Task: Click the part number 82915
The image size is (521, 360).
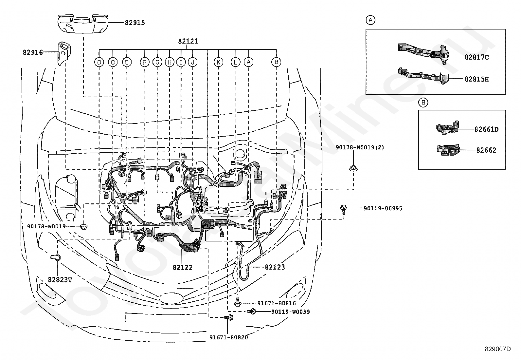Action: (135, 23)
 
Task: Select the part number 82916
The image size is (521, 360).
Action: (33, 52)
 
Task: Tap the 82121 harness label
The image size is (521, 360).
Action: (188, 41)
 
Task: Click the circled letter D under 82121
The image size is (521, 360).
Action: (99, 62)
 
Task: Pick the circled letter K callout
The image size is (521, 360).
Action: (218, 62)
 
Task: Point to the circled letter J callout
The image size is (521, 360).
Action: (192, 62)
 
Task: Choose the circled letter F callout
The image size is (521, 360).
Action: (145, 62)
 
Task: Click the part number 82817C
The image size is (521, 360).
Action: (476, 57)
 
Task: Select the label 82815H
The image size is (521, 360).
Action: (476, 79)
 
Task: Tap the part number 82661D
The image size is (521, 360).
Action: (486, 129)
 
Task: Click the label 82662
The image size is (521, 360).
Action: (486, 150)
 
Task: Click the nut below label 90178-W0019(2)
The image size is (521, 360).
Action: (353, 168)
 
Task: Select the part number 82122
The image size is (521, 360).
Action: (183, 267)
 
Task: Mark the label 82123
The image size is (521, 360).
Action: (275, 267)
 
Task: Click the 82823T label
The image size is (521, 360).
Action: (60, 280)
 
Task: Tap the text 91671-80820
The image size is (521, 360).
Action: (229, 337)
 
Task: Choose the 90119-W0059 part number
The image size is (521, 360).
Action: (291, 312)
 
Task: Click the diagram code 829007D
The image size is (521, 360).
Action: (498, 349)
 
